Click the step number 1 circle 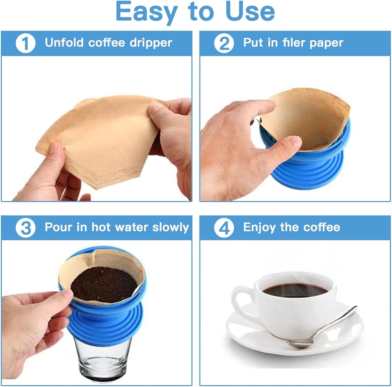tap(25, 43)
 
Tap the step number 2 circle tap(224, 43)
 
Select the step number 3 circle tap(25, 228)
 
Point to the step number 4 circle tap(224, 228)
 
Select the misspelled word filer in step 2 tap(294, 42)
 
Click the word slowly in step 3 tap(171, 227)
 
